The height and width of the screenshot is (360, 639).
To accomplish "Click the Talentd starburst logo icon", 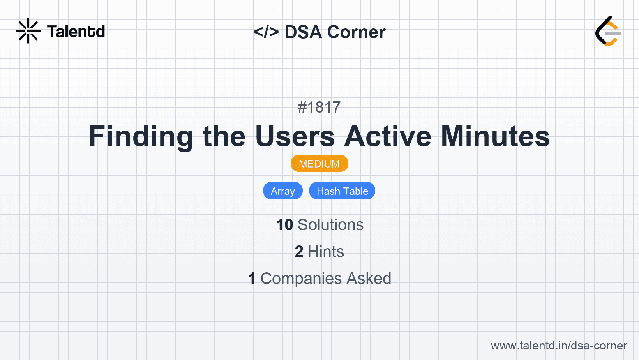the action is click(x=28, y=31).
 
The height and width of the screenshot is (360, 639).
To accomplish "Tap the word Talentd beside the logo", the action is click(x=76, y=32).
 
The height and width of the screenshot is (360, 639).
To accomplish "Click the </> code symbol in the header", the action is click(x=266, y=32).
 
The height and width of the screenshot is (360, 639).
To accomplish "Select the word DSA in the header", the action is click(x=303, y=32).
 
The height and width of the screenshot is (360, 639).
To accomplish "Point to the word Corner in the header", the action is click(x=356, y=32).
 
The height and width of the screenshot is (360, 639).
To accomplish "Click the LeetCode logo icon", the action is click(x=608, y=31).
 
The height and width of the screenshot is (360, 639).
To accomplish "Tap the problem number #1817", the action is click(x=319, y=107).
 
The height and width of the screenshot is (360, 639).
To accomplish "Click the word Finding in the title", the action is click(x=141, y=136).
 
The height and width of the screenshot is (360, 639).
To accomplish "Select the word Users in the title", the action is click(x=295, y=136).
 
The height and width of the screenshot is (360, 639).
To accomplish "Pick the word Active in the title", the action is click(x=387, y=136).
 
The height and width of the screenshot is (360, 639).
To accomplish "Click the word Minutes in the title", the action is click(x=495, y=136).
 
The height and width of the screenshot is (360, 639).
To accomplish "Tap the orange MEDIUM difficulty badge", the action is click(x=319, y=164).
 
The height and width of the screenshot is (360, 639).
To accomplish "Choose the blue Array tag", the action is click(x=283, y=191).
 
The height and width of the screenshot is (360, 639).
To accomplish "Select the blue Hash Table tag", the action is click(x=342, y=191).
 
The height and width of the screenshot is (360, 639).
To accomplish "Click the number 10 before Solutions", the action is click(x=284, y=225).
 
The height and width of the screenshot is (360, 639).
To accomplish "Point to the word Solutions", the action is click(x=331, y=225).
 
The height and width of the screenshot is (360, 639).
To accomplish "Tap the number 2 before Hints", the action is click(x=299, y=252).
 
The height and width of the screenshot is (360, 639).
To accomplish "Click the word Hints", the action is click(x=326, y=252).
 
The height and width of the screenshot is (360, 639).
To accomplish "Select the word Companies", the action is click(x=301, y=279).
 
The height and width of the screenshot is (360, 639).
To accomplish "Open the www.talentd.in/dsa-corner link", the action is click(x=559, y=346).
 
